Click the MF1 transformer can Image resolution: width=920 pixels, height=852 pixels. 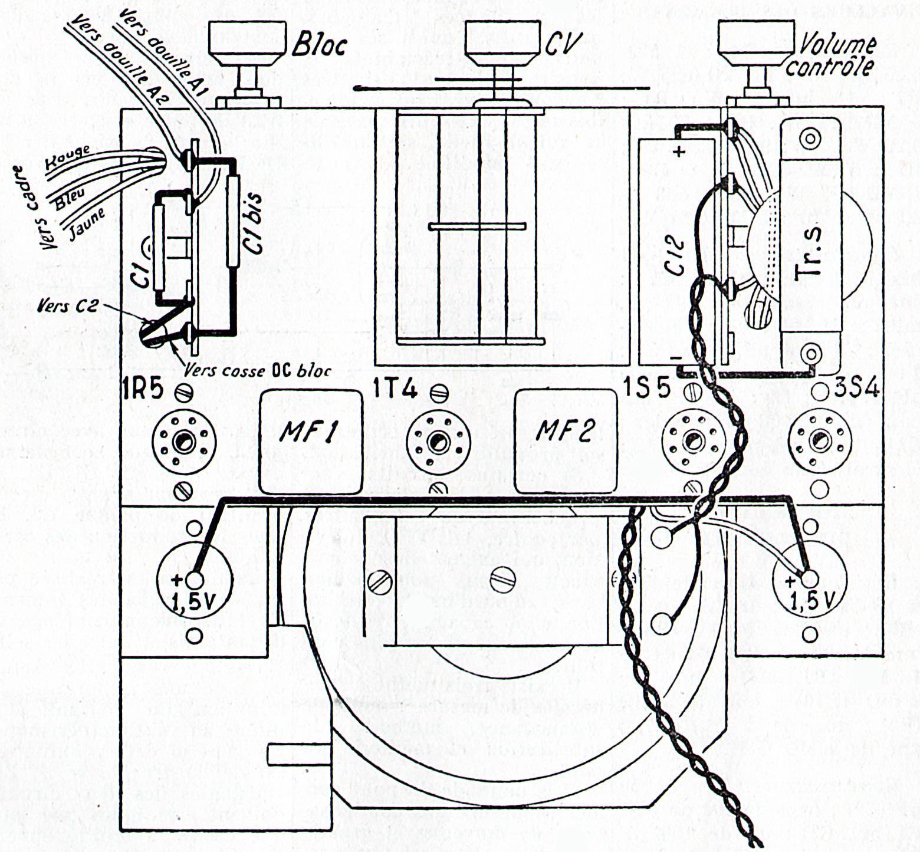tap(311, 441)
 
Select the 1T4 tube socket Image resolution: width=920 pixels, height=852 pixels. tap(437, 440)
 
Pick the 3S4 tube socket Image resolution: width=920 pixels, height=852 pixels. tap(819, 439)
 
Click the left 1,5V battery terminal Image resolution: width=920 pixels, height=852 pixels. tap(196, 580)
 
